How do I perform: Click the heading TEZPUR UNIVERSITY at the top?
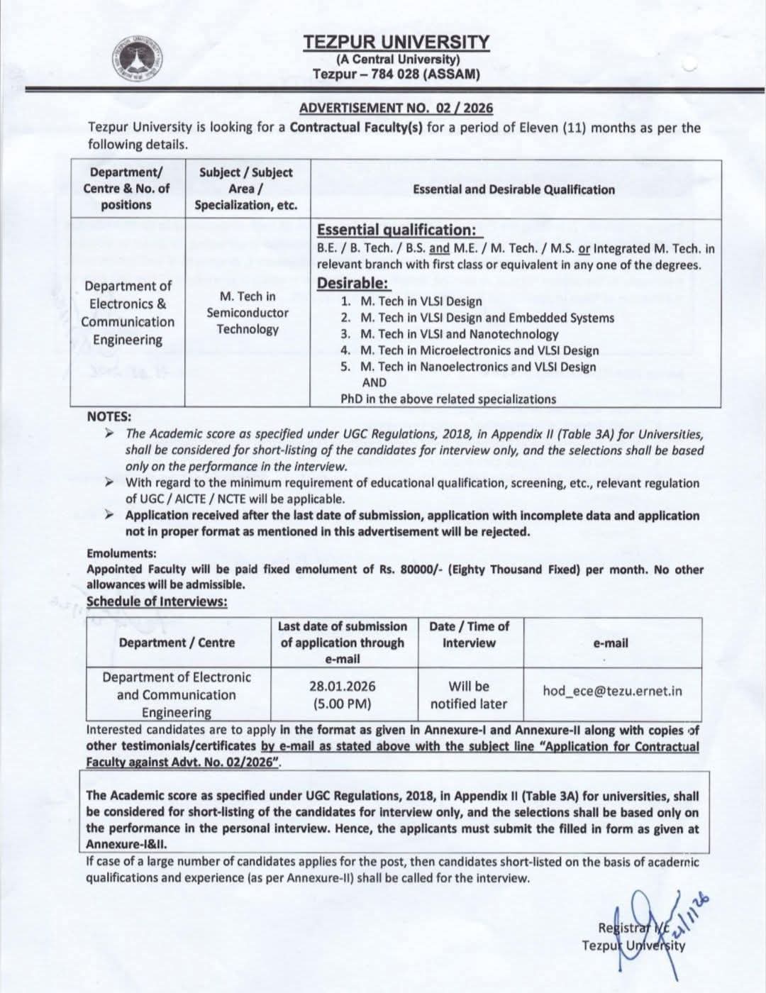(x=396, y=43)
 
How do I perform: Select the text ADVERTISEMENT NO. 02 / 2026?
(x=396, y=108)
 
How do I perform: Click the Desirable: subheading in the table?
(x=353, y=283)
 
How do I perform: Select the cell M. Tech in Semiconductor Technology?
(x=248, y=313)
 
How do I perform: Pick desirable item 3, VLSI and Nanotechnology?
(x=459, y=334)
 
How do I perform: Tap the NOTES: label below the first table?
(x=109, y=417)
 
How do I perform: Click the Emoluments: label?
(x=121, y=553)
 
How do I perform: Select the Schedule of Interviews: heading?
(x=157, y=601)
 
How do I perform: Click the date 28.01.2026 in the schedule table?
(x=343, y=687)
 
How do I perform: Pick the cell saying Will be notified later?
(x=468, y=695)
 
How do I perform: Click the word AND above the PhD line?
(x=374, y=382)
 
